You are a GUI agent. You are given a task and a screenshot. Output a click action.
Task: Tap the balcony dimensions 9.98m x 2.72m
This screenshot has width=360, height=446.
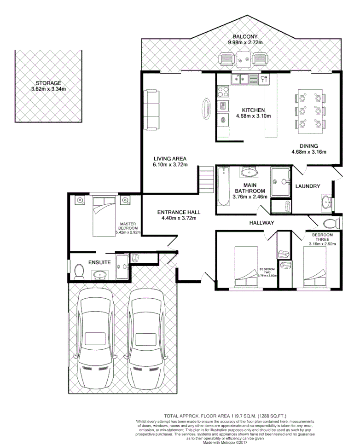click(245, 43)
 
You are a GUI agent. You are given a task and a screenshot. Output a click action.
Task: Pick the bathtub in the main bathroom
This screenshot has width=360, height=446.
click(223, 186)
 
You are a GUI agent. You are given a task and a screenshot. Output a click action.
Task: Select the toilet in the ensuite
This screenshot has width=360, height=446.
click(78, 271)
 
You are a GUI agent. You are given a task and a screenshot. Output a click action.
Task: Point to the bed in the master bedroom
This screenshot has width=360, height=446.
click(104, 212)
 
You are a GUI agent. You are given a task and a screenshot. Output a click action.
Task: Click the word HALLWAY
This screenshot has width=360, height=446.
click(262, 223)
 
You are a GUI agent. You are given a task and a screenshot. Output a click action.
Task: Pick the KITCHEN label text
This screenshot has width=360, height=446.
click(253, 110)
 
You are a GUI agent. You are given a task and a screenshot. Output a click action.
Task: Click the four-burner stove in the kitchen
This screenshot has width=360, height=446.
click(223, 91)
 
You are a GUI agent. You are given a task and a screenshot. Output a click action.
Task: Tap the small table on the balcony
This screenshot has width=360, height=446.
click(243, 59)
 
